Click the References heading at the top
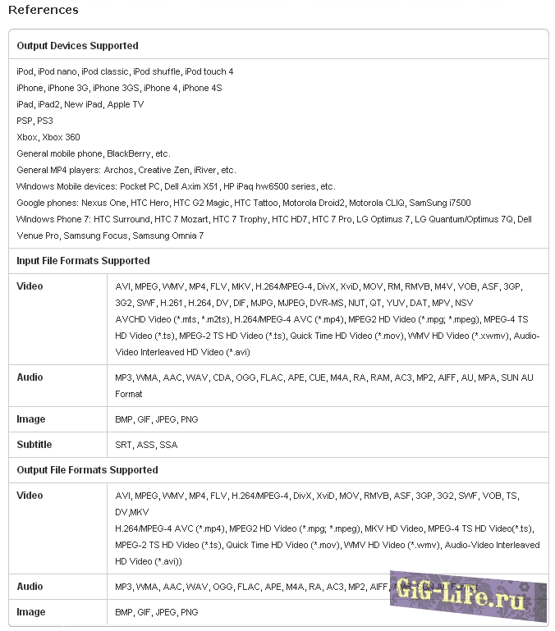[44, 10]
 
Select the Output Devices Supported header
[77, 46]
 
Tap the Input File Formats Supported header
[83, 261]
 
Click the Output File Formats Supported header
[87, 470]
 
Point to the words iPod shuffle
[156, 71]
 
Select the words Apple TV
[126, 104]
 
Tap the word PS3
[45, 121]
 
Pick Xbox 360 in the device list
[62, 137]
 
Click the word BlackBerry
[130, 153]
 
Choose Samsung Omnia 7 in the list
[169, 235]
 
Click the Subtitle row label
[34, 445]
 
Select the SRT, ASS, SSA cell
[146, 445]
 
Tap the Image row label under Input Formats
[31, 419]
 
